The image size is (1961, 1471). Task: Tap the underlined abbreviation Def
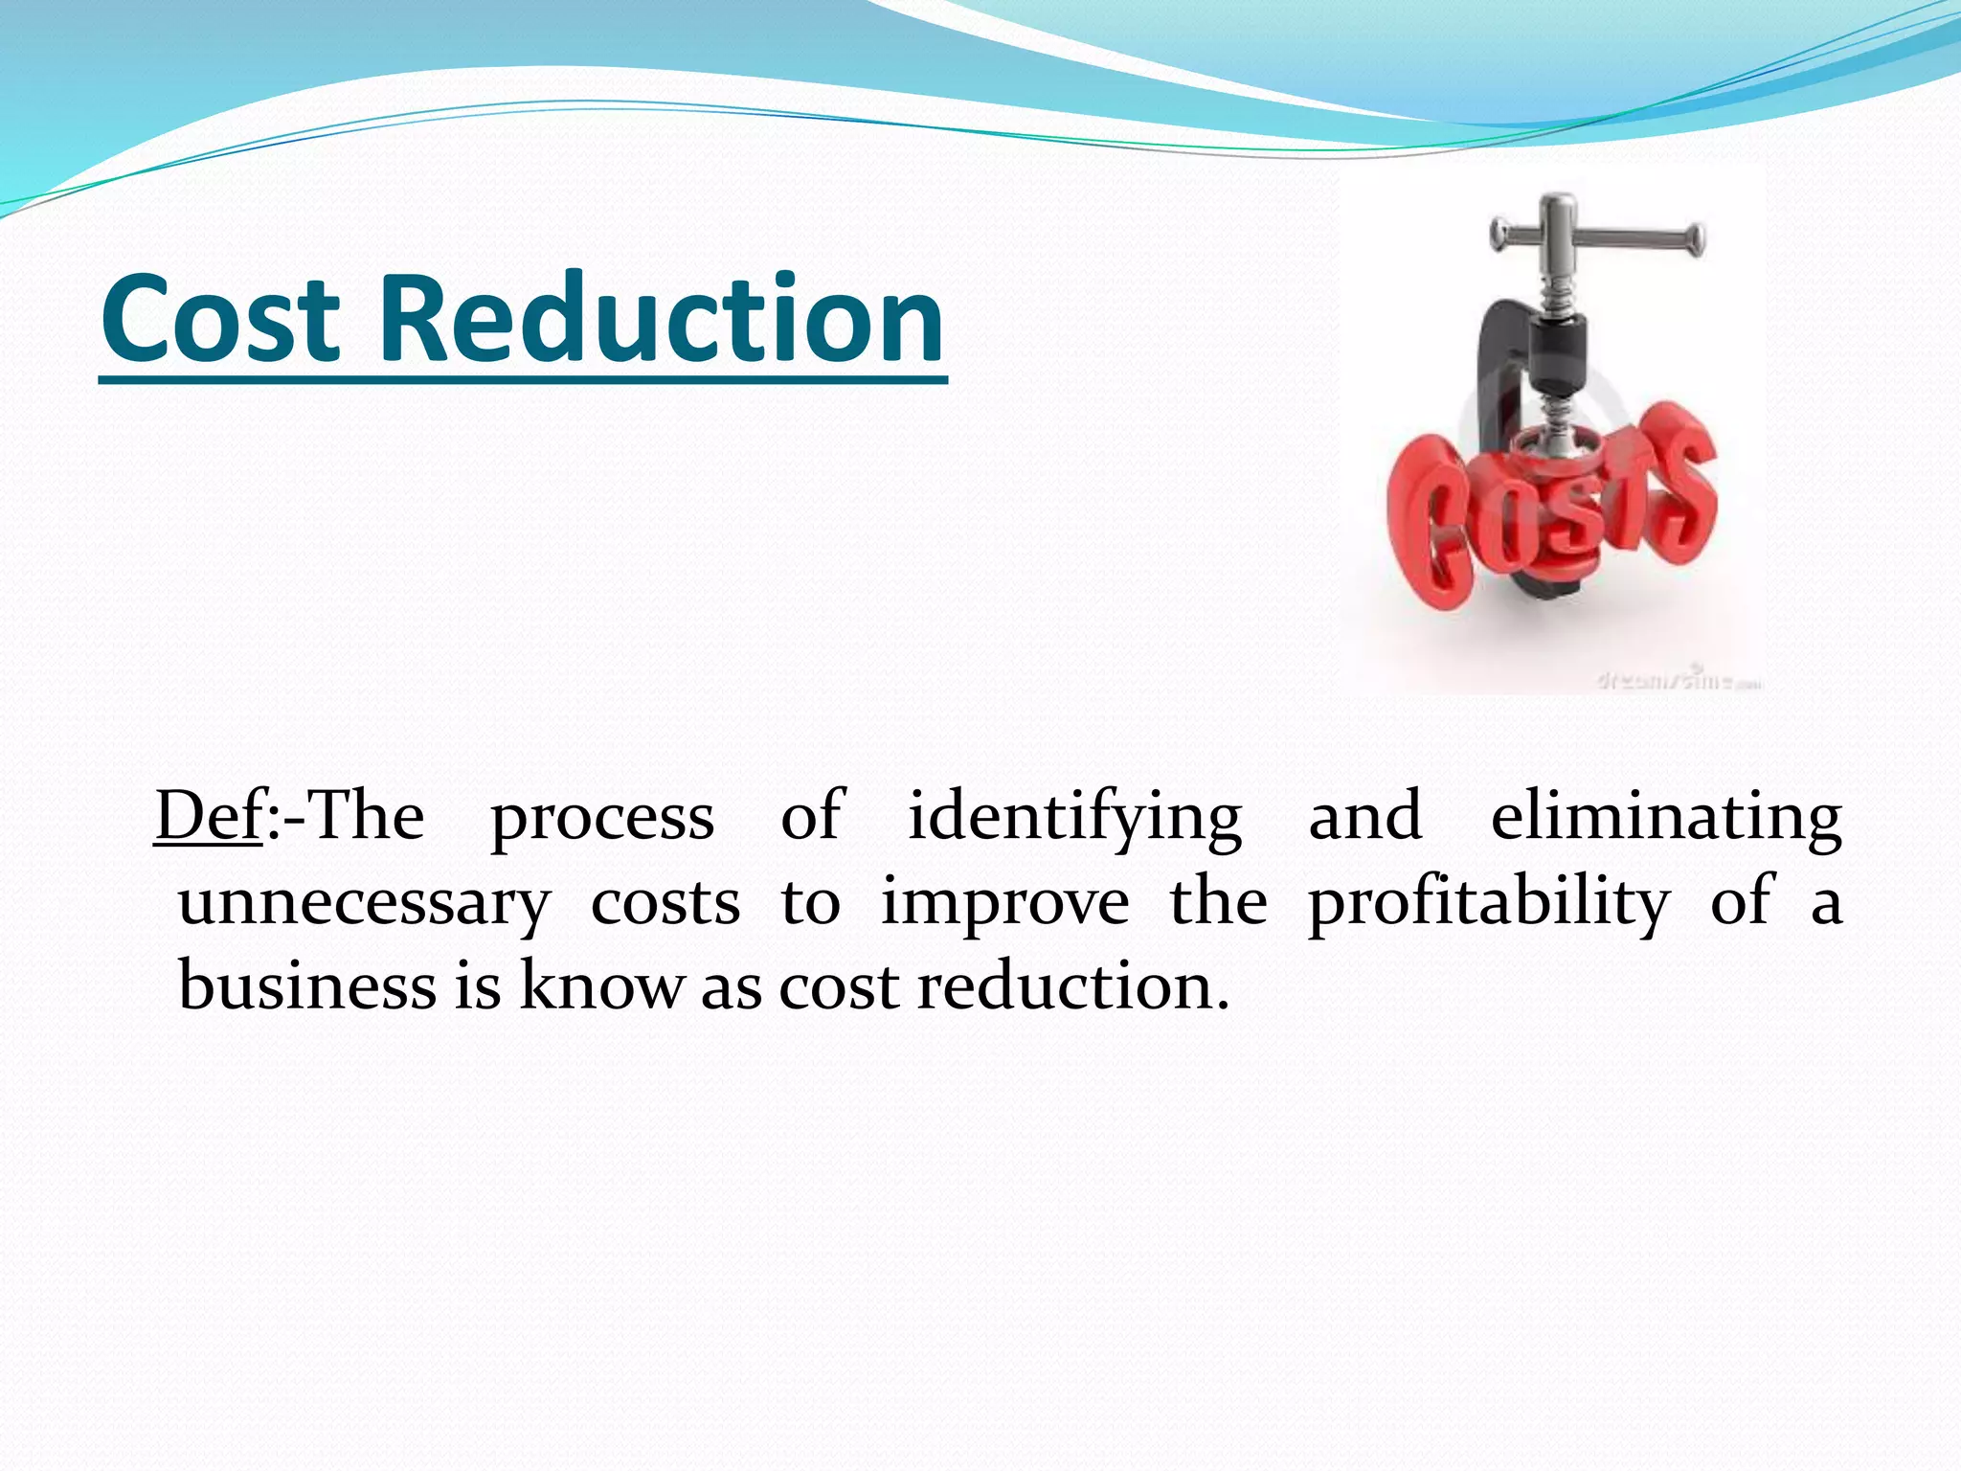pos(209,816)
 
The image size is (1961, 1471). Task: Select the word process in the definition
pos(602,820)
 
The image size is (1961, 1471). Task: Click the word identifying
pos(1074,820)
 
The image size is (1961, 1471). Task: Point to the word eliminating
pos(1666,820)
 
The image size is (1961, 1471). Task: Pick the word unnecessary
pos(364,904)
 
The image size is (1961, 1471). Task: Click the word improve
pos(1004,904)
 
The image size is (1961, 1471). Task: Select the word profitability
pos(1489,904)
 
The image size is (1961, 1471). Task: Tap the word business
pos(306,986)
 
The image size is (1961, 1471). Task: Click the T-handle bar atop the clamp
pos(1597,233)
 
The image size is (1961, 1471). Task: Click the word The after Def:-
pos(368,816)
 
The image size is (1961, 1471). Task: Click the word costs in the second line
pos(665,904)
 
